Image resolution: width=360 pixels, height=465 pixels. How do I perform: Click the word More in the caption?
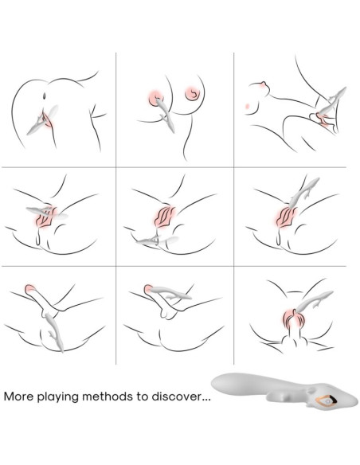[18, 397]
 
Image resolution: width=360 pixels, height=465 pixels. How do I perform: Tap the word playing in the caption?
[58, 397]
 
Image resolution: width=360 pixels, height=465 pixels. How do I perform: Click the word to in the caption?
[143, 397]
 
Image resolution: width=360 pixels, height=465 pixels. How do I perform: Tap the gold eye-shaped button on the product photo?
[327, 400]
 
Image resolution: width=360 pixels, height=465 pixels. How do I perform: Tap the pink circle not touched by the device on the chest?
[192, 93]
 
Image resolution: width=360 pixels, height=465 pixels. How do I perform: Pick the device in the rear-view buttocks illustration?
[43, 120]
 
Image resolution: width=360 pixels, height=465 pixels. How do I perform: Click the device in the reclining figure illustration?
[331, 101]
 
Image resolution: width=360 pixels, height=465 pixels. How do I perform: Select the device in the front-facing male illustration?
[313, 301]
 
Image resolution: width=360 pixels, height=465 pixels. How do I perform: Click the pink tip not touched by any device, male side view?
[30, 289]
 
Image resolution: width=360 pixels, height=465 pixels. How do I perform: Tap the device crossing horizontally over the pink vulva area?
[46, 212]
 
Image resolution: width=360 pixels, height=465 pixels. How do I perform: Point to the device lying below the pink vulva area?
[157, 240]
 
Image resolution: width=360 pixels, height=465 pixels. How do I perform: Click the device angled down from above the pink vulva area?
[303, 193]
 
